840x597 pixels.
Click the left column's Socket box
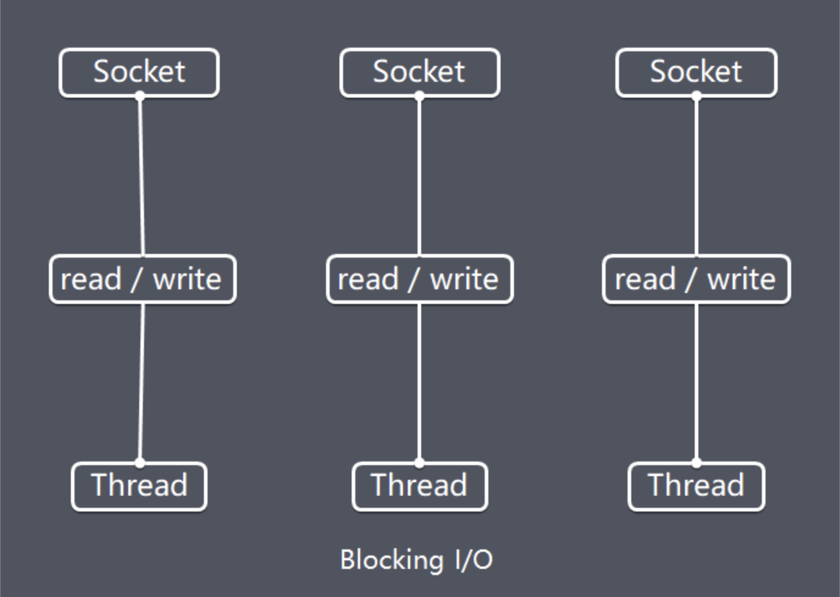pos(139,73)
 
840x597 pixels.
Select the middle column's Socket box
pos(420,73)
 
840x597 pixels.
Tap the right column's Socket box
pos(697,73)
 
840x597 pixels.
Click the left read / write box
pos(142,280)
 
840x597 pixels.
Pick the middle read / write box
pos(419,280)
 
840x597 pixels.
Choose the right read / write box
pos(697,280)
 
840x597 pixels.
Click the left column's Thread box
pos(139,487)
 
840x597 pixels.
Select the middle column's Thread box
pos(420,487)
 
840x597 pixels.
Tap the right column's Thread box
pos(697,487)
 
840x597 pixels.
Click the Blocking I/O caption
pos(416,560)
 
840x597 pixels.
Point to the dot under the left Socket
pos(140,96)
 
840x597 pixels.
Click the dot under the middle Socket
pos(419,96)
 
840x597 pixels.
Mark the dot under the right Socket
pos(697,96)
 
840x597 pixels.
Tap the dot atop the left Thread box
pos(140,463)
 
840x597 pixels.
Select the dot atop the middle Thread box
pos(419,463)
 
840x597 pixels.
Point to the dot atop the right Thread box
pos(697,463)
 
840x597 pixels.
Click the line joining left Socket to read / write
pos(142,176)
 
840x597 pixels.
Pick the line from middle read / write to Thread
pos(419,383)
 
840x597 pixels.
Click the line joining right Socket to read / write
pos(697,176)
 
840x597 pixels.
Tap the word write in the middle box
pos(464,279)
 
